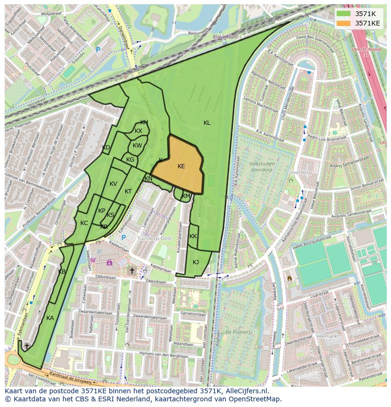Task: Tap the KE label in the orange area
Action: click(x=181, y=166)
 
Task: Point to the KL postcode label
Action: click(x=207, y=123)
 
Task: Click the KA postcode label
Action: click(x=50, y=318)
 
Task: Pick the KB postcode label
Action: click(x=62, y=272)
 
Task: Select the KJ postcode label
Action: click(x=195, y=262)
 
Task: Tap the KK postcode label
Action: click(x=193, y=236)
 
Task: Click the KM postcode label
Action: click(x=186, y=196)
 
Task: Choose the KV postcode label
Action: click(x=113, y=184)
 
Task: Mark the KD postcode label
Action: click(x=106, y=147)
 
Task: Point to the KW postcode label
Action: click(x=137, y=146)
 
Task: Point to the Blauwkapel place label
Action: click(x=226, y=36)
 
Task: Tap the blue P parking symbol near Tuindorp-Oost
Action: click(x=124, y=238)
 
